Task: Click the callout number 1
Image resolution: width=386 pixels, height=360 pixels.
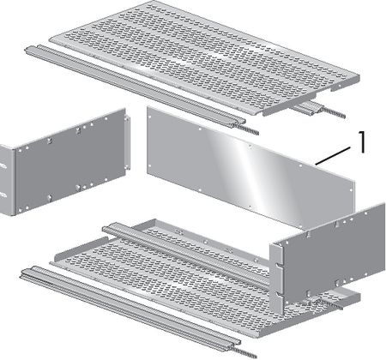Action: point(362,141)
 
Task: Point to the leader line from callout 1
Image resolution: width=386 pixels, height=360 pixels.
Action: point(333,156)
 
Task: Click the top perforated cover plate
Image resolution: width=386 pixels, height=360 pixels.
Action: point(204,57)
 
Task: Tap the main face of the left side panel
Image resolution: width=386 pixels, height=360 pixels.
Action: point(70,160)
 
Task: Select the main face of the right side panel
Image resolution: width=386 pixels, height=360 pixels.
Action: point(333,251)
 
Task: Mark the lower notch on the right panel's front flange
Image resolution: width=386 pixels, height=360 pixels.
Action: point(279,294)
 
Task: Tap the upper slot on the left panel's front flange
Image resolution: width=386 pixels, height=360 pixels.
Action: point(3,165)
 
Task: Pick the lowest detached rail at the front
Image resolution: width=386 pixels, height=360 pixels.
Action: point(130,309)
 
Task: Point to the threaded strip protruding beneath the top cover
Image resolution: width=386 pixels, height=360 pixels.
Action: point(333,111)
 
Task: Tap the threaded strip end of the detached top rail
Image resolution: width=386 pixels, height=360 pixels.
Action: point(246,128)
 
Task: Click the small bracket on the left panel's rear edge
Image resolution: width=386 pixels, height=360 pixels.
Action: point(128,143)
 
